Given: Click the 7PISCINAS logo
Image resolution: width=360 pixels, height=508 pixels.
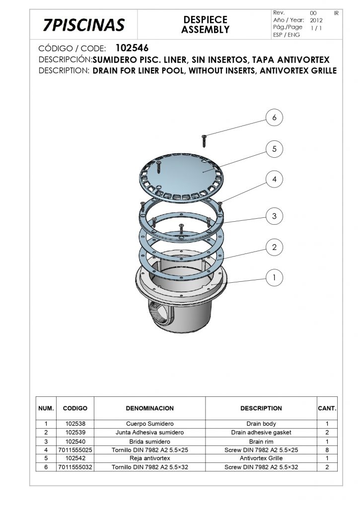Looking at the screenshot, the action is point(84,25).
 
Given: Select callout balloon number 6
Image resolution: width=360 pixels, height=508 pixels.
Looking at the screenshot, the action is point(275,117).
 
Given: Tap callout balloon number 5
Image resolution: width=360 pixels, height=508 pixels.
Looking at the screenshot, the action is point(275,149).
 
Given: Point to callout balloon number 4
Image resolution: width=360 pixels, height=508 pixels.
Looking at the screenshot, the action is point(275,179).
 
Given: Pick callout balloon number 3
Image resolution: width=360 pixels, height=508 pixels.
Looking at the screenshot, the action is point(275,216).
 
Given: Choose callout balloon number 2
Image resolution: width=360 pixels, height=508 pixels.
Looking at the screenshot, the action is point(275,247).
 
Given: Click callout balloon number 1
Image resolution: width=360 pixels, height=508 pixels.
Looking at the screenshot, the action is point(275,278).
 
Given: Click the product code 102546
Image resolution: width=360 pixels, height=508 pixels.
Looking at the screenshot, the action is point(132,48).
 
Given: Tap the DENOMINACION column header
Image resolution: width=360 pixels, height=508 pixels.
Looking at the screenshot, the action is point(150,408).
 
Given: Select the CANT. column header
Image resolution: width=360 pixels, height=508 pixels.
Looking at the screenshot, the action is point(327,408).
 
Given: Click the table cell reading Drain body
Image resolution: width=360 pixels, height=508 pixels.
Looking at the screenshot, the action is point(261,424).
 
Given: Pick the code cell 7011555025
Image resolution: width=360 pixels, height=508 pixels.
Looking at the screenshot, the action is point(75,449).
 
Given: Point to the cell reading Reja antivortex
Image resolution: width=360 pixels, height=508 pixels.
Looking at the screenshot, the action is point(150,458).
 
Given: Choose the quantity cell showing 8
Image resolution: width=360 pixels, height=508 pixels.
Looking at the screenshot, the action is point(327,449).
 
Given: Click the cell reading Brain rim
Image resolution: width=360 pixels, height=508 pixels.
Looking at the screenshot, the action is point(261,441).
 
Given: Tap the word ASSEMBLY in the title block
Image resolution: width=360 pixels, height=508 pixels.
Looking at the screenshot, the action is point(205,29).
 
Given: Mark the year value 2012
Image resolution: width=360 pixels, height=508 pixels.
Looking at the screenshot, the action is point(316,20).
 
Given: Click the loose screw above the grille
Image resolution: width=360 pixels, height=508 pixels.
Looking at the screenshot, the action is point(204,141).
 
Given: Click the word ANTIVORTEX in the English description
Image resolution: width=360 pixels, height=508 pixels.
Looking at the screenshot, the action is point(284,70).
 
